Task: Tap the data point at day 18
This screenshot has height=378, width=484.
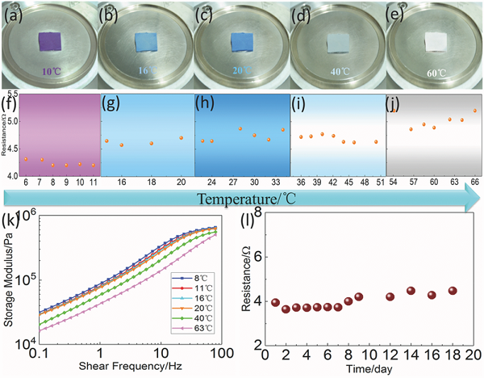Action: pyautogui.click(x=452, y=291)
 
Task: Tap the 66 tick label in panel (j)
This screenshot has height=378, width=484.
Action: pyautogui.click(x=475, y=182)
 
